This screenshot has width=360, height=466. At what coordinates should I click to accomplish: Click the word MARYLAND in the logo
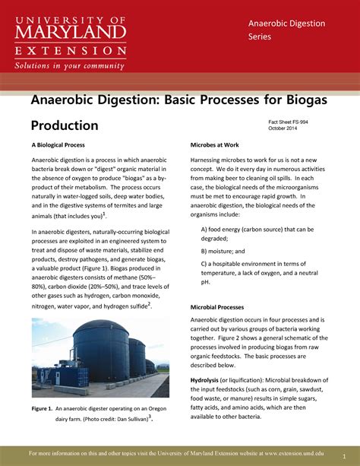[68, 31]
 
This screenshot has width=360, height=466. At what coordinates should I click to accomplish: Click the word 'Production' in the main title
[65, 125]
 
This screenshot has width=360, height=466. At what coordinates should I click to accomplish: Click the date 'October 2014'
[286, 128]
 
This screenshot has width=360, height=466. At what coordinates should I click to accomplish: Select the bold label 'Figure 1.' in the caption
[42, 409]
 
